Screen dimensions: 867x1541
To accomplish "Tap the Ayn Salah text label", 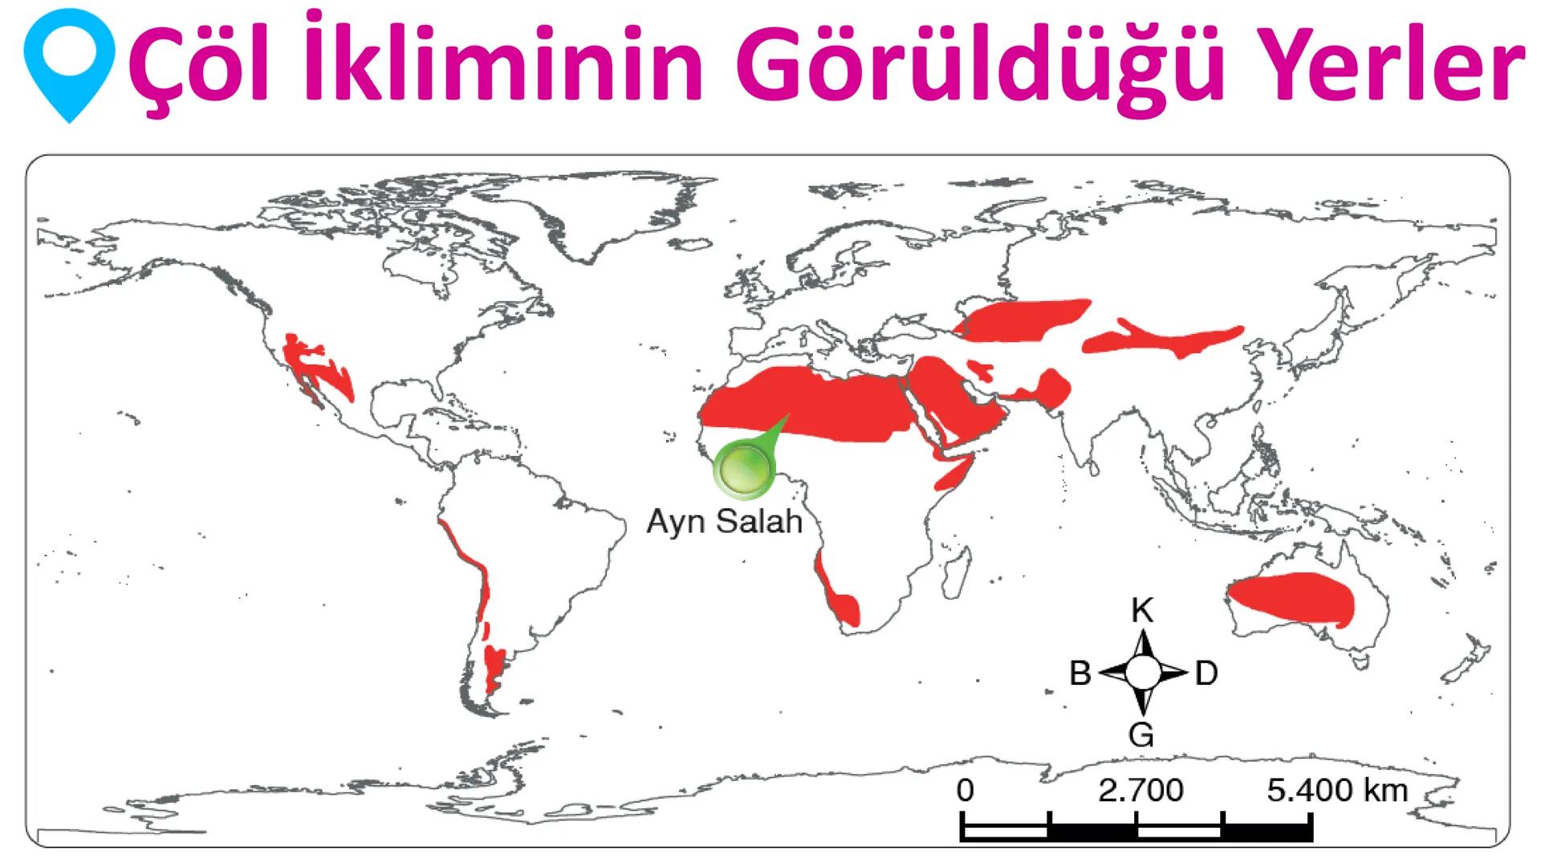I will pyautogui.click(x=725, y=522).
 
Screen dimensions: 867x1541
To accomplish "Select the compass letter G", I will pyautogui.click(x=1141, y=735).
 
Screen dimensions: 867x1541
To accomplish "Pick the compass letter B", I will pyautogui.click(x=1080, y=674).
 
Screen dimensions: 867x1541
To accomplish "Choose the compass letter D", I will pyautogui.click(x=1206, y=674).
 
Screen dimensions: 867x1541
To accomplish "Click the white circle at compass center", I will pyautogui.click(x=1143, y=673).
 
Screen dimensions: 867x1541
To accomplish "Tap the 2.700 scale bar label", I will pyautogui.click(x=1141, y=791).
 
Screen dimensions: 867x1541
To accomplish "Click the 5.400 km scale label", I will pyautogui.click(x=1337, y=791).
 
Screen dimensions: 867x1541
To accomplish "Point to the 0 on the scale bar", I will pyautogui.click(x=965, y=791).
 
